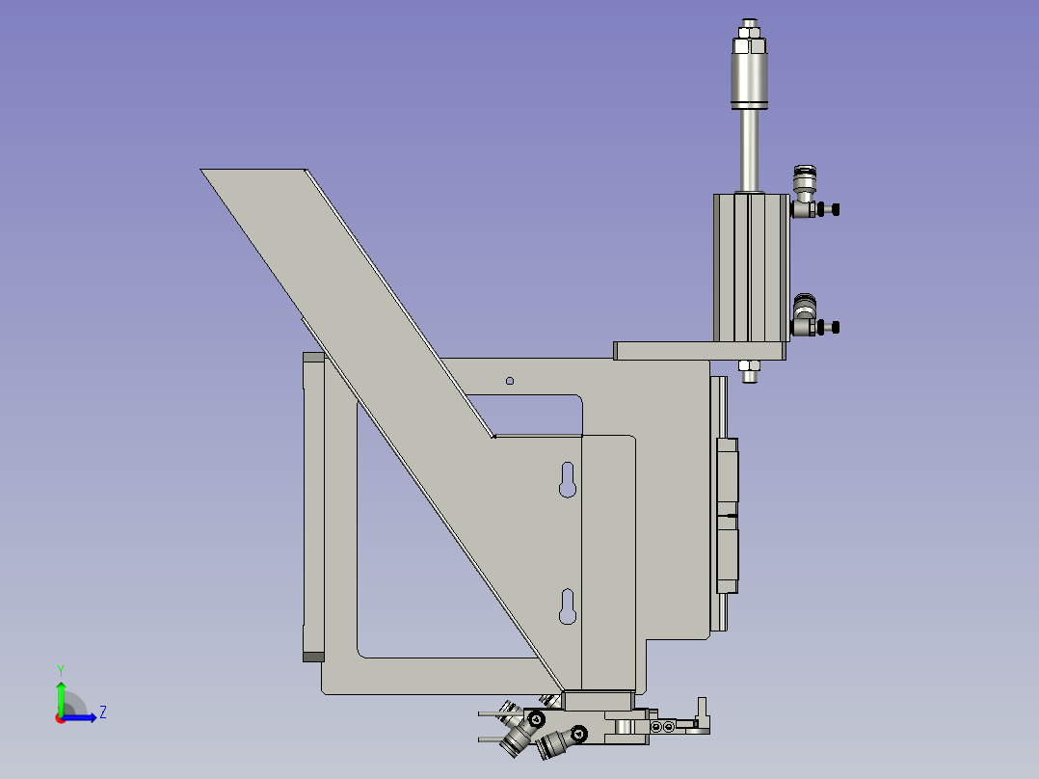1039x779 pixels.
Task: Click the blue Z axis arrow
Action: point(84,716)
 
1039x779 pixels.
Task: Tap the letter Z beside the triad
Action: point(102,712)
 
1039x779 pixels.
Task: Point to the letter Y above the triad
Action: point(60,669)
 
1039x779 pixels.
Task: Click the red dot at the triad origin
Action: point(60,717)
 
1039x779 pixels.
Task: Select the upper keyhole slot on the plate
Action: point(568,479)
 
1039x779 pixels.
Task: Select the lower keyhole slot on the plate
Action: point(568,606)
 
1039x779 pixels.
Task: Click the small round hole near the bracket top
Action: point(510,381)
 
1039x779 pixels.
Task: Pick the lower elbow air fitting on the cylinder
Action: point(803,317)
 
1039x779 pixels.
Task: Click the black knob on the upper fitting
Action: point(835,209)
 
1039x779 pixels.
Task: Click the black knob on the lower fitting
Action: point(835,328)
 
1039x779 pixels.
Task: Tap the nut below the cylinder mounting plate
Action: point(749,366)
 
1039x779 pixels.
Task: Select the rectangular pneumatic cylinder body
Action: point(750,267)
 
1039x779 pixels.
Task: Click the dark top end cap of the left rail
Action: point(313,357)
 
